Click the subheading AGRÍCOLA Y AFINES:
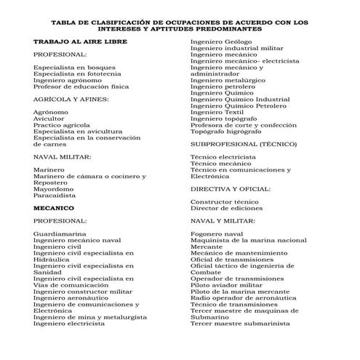tap(71, 98)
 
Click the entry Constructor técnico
tap(224, 201)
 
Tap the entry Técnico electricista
tap(223, 156)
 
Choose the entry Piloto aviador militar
tap(225, 284)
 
